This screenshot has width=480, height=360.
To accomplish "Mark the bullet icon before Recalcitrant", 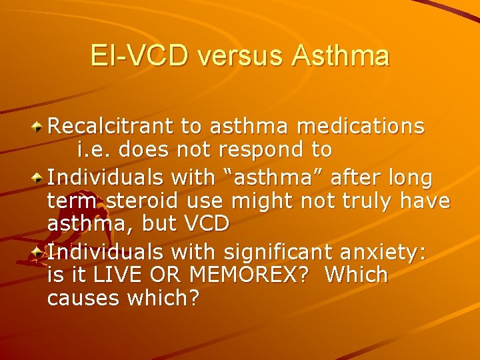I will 39,127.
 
